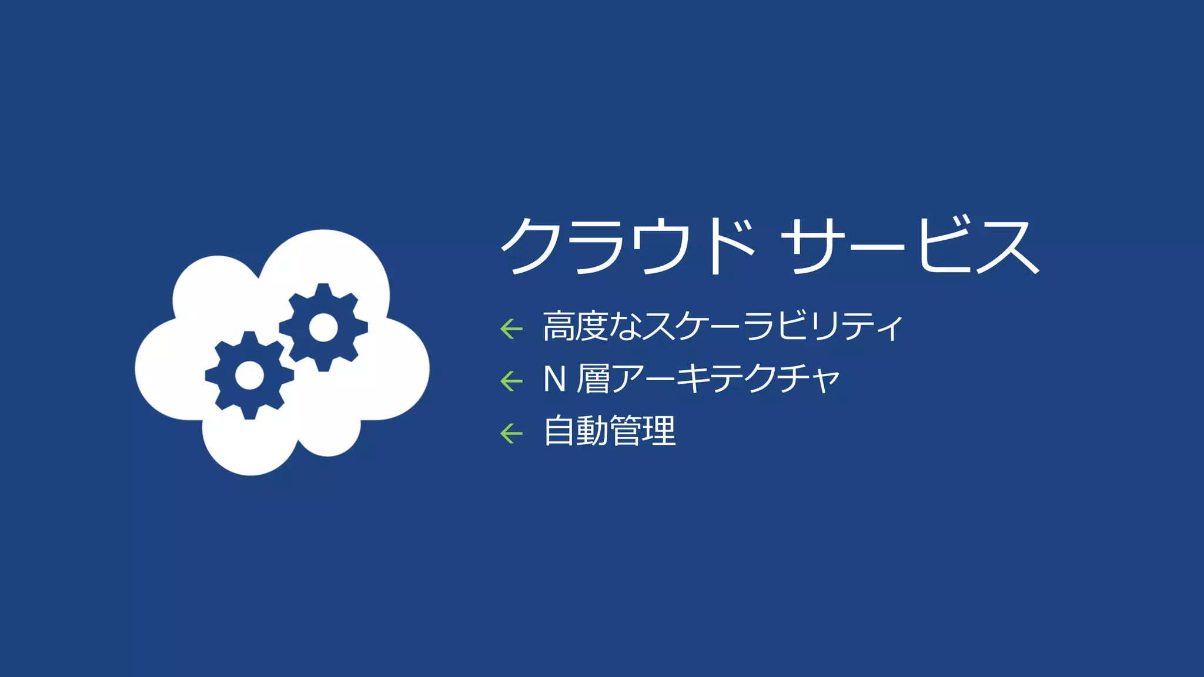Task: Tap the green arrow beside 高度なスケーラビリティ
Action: pyautogui.click(x=511, y=329)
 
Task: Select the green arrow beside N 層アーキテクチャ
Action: pyautogui.click(x=511, y=381)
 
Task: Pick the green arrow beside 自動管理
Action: pyautogui.click(x=511, y=434)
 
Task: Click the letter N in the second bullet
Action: pyautogui.click(x=554, y=379)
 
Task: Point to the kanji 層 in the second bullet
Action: pyautogui.click(x=594, y=379)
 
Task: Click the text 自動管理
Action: pyautogui.click(x=610, y=431)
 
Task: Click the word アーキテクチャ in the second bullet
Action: pyautogui.click(x=727, y=379)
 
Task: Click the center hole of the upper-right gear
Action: pyautogui.click(x=323, y=327)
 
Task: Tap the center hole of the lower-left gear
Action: pyautogui.click(x=249, y=375)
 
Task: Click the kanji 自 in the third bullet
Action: pyautogui.click(x=559, y=431)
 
